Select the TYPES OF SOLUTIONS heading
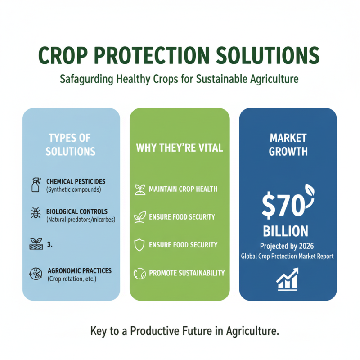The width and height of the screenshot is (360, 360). point(71,144)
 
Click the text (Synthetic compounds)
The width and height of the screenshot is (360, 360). point(74,189)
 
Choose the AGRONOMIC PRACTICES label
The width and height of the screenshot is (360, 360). point(79,271)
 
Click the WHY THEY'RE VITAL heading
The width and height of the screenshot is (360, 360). point(180,148)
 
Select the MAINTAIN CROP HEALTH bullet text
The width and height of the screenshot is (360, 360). point(183,189)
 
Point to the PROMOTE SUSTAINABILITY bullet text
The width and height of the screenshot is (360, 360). point(186,273)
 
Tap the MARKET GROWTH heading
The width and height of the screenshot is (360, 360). point(288,144)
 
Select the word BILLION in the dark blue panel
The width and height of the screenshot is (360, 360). point(286,231)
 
